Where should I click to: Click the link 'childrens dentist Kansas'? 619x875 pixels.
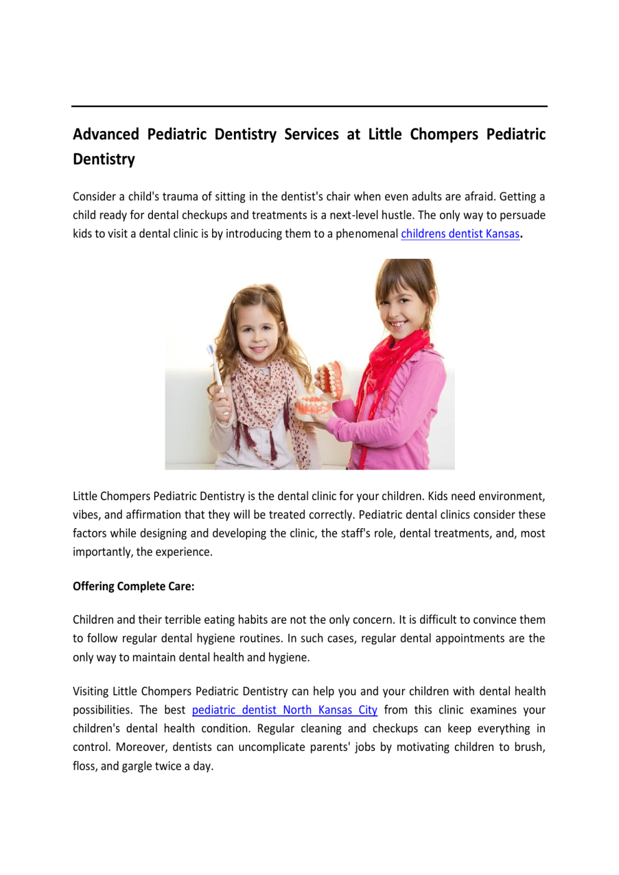coord(460,234)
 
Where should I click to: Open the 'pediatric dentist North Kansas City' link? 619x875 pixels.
coord(285,710)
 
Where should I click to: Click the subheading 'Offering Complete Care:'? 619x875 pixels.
coord(134,586)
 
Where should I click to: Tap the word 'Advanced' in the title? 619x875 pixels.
coord(106,135)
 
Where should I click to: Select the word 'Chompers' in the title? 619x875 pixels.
coord(444,135)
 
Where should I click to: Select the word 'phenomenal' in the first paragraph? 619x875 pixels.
coord(366,234)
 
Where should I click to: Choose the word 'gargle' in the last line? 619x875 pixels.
coord(137,766)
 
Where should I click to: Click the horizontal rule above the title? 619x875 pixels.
coord(309,107)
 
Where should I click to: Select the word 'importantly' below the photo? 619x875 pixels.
coord(102,552)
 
